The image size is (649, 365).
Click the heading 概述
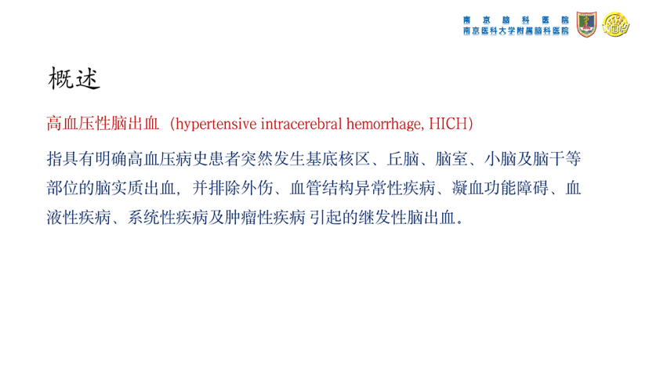pos(74,78)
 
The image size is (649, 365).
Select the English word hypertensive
pos(216,125)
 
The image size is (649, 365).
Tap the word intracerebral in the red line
pos(301,124)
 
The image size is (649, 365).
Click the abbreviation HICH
pos(448,124)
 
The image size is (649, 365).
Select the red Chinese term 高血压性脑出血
pos(103,124)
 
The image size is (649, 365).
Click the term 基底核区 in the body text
pos(338,159)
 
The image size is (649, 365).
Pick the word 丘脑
pos(403,159)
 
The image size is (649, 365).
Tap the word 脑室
pos(451,159)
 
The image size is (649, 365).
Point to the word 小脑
pos(500,159)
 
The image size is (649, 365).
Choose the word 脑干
pos(549,159)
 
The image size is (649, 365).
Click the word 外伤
pos(257,188)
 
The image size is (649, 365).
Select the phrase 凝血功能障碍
pos(500,188)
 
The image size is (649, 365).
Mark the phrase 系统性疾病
pos(168,218)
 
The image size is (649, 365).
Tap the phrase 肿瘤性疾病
pos(265,218)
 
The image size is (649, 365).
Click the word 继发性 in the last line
pos(383,218)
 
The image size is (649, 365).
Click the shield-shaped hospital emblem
pos(586,24)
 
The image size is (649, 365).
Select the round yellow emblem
pos(615,24)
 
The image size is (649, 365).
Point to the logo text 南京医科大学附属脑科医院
pos(516,31)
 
